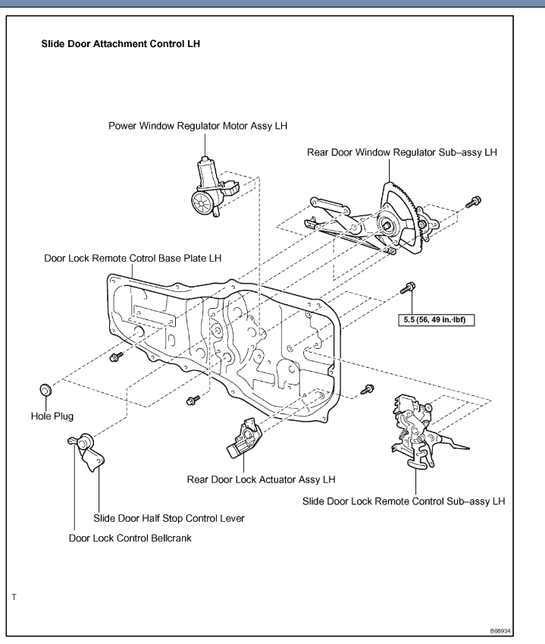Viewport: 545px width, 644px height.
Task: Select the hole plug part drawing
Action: tap(45, 390)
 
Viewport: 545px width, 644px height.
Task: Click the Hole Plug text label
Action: tap(51, 416)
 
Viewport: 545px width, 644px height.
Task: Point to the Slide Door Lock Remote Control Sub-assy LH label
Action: tap(403, 501)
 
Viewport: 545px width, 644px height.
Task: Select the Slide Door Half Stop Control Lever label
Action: tap(168, 518)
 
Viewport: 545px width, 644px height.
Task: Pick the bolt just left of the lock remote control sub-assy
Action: tap(368, 389)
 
